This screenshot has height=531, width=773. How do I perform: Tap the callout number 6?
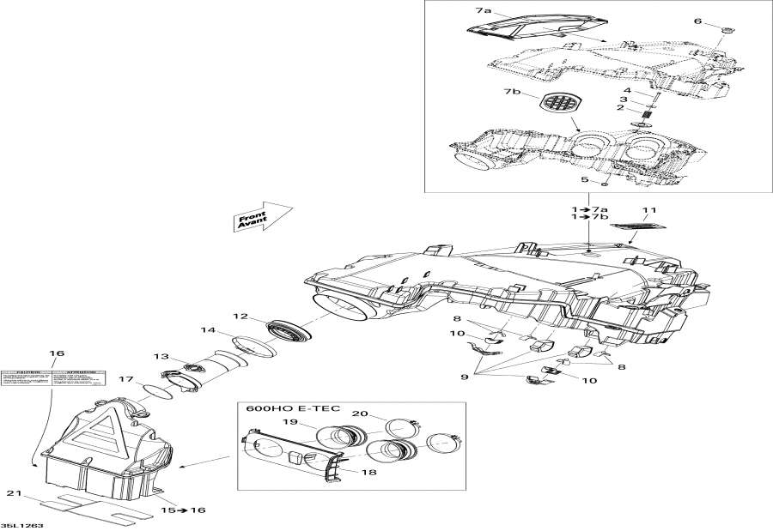[x=697, y=21]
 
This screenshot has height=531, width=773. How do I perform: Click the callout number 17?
[x=125, y=380]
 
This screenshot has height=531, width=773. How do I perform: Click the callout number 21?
[x=12, y=493]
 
